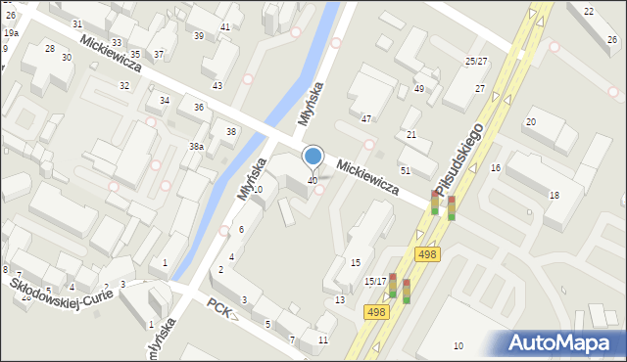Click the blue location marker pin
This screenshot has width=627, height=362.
pos(313,158)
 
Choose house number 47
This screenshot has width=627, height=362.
pos(366,118)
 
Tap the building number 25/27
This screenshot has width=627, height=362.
pos(476,62)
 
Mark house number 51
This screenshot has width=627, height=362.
pos(405,170)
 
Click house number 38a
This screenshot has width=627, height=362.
pos(196,146)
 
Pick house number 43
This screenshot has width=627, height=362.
pos(217,86)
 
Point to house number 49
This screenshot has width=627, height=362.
pos(419,89)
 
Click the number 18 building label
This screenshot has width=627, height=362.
pos(554,196)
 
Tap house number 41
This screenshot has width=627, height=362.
pos(225,26)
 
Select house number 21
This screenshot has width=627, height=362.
pos(411,135)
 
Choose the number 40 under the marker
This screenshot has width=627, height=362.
pos(313,180)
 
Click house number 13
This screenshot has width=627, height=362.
pos(340,299)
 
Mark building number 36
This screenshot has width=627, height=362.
pos(199,107)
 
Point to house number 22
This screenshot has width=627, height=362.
pos(588,11)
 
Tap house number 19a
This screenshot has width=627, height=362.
pos(11,33)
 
